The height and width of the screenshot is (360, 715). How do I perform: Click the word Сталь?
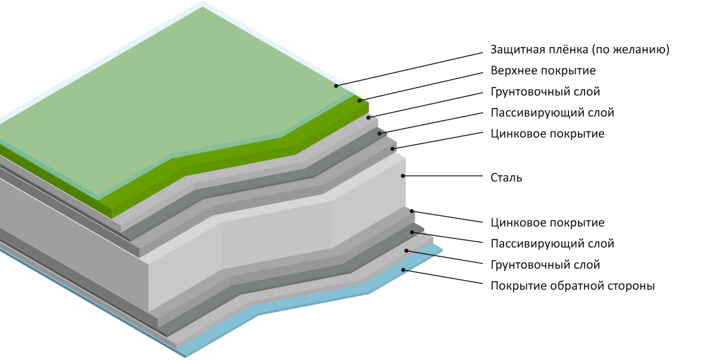tap(506, 177)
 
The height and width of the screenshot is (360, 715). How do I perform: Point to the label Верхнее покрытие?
tap(543, 70)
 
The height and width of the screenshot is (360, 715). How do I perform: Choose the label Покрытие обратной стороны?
tap(573, 285)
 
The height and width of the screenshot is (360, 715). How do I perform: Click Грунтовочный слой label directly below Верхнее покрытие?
tap(545, 92)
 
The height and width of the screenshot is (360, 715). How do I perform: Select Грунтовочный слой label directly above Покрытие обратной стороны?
tap(545, 265)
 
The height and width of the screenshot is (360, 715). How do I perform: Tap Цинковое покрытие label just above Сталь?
tap(547, 134)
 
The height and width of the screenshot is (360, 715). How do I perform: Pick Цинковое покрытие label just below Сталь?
tap(547, 223)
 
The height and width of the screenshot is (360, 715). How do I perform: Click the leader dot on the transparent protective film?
tap(336, 86)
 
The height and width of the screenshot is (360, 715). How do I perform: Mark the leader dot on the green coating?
tap(359, 101)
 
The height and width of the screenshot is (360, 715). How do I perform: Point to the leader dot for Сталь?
tap(403, 176)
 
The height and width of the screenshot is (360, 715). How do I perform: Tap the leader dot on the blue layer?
tap(403, 270)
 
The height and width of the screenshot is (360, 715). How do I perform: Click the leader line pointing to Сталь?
tap(444, 176)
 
